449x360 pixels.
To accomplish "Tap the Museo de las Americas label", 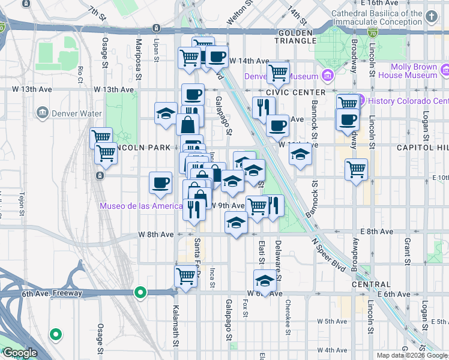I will tap(142, 206).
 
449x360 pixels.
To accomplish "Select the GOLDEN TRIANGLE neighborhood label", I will tap(296, 36).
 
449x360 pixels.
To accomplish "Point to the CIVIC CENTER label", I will tap(300, 92).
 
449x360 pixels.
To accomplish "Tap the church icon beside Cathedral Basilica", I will tap(432, 17).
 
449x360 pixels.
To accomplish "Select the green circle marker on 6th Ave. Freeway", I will tap(140, 293).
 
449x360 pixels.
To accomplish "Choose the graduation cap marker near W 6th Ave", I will tap(264, 280).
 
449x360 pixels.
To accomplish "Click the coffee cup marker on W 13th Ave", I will tap(193, 95).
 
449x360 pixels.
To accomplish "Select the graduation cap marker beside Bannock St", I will tap(300, 155).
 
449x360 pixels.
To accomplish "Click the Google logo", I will tap(20, 353).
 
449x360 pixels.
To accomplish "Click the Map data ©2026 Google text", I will tap(411, 355).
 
